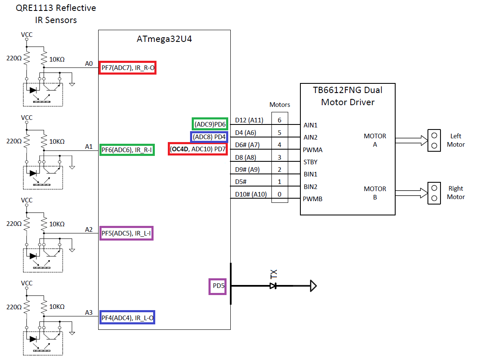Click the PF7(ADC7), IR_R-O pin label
tap(128, 67)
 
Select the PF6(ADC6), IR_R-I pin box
tap(127, 150)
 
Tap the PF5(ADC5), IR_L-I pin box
tap(127, 233)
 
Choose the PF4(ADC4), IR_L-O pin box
tap(128, 317)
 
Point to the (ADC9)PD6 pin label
tap(210, 124)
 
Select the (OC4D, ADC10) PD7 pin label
tap(198, 149)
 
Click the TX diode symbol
tap(273, 286)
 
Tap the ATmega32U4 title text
tap(164, 39)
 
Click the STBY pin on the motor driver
tap(310, 162)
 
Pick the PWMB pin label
tap(313, 199)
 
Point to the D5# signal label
tap(241, 182)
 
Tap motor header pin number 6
tap(280, 120)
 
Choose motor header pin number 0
tap(280, 194)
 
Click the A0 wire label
tap(89, 63)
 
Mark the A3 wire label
tap(89, 312)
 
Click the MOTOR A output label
tap(375, 140)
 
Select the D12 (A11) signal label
tap(249, 120)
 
